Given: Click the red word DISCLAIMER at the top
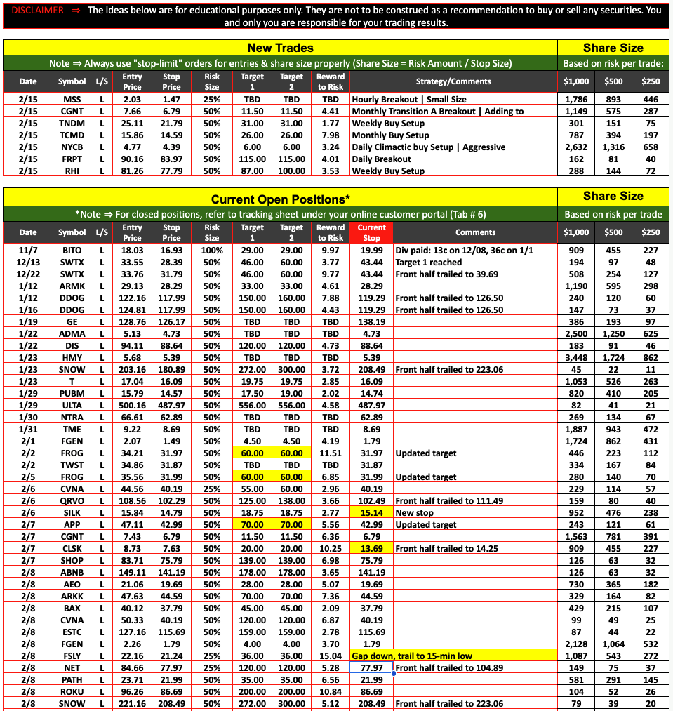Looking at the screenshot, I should tap(37, 11).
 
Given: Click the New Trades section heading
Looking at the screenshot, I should tap(280, 48).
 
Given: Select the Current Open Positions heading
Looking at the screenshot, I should tap(280, 199).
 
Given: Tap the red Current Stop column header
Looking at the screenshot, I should tap(371, 232).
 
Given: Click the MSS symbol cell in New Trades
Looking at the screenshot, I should tap(72, 100).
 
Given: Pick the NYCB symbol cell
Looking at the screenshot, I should tap(72, 147).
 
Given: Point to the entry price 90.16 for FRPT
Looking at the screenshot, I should tap(132, 159).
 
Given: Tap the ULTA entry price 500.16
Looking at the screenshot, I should tap(132, 405).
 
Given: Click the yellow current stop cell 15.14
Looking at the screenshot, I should tap(371, 512).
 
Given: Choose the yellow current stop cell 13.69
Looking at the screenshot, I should tap(371, 548).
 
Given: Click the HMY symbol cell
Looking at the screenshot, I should tap(72, 357).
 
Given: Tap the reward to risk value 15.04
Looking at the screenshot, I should tap(331, 656).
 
